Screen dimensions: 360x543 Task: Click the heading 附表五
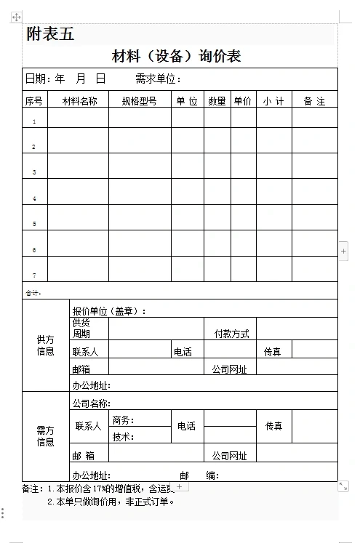click(50, 34)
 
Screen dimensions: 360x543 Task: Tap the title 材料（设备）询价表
click(176, 56)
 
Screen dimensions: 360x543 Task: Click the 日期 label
click(38, 79)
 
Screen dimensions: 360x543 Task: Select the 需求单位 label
click(156, 79)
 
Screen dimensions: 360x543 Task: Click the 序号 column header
click(34, 101)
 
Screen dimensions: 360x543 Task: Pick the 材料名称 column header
click(79, 101)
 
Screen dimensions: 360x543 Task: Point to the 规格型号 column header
click(139, 101)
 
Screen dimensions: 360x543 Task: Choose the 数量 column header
click(217, 101)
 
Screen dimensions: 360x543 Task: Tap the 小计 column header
click(273, 101)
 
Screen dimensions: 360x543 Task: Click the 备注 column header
click(314, 101)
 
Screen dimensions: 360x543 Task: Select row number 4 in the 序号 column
click(34, 198)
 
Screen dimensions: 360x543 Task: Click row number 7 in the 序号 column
click(34, 275)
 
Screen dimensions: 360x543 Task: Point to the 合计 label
click(33, 293)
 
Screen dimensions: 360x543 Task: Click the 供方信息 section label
click(45, 345)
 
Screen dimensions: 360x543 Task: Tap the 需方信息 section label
click(45, 436)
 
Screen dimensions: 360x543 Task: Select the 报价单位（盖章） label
click(109, 311)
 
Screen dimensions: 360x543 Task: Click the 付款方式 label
click(231, 334)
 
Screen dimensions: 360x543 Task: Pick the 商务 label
click(123, 420)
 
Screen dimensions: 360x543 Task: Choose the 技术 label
click(123, 437)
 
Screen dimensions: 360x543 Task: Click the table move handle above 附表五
click(17, 17)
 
